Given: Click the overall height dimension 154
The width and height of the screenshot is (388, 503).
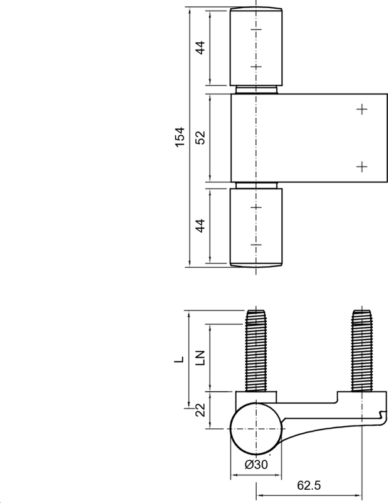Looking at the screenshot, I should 180,138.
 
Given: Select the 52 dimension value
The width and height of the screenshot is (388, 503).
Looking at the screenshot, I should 200,138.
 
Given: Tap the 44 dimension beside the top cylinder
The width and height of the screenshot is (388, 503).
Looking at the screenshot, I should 200,48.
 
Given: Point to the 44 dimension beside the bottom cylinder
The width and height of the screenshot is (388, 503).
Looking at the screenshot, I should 200,226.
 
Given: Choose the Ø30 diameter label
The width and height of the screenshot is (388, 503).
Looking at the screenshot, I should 256,465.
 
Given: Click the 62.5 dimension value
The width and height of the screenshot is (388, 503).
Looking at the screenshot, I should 307,486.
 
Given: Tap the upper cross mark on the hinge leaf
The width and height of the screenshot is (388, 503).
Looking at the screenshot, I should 361,109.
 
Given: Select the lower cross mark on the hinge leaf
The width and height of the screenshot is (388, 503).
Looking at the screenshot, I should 361,166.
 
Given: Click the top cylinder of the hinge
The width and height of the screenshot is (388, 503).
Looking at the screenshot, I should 256,48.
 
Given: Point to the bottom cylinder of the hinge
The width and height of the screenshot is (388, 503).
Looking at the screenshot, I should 256,226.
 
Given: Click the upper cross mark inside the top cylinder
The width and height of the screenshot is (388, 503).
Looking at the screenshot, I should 255,30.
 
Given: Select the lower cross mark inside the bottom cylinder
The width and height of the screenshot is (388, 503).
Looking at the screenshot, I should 255,244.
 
